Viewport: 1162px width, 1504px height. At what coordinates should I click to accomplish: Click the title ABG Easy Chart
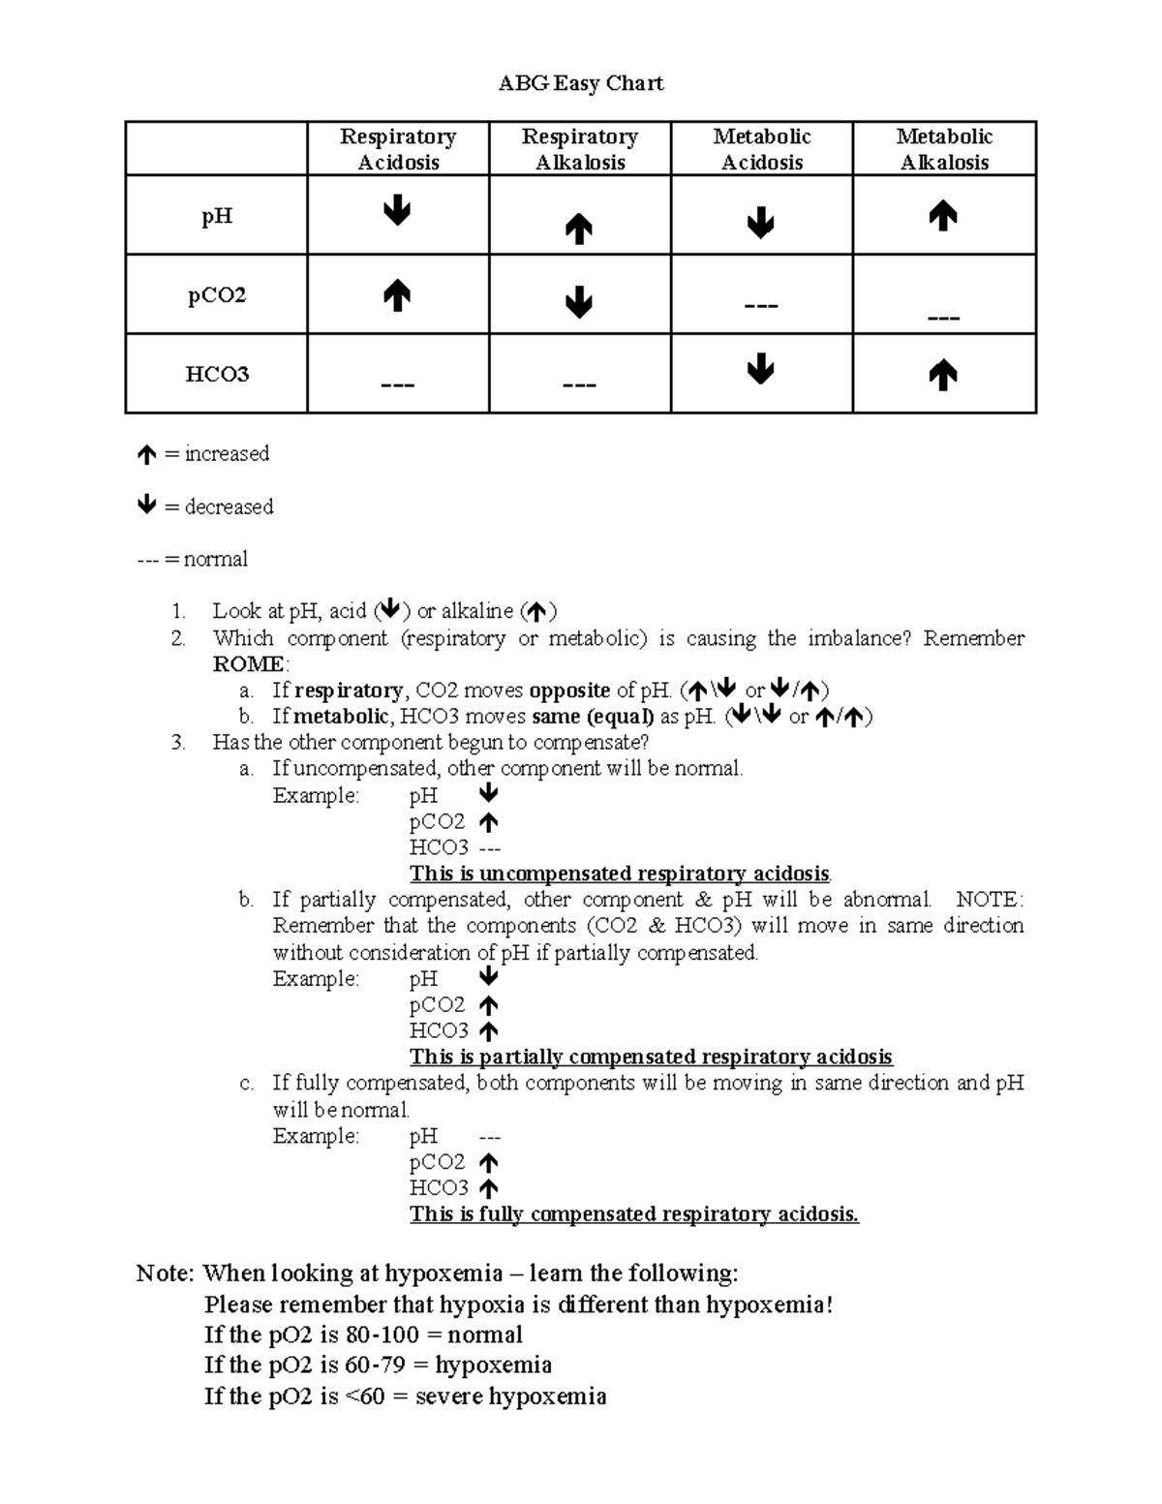click(580, 83)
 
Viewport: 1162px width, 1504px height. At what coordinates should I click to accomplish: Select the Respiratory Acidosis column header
click(398, 149)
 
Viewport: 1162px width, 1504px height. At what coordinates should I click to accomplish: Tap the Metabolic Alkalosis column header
click(944, 149)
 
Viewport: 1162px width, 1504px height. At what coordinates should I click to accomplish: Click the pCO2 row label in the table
click(217, 295)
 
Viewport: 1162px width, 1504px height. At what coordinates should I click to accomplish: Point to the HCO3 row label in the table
click(217, 375)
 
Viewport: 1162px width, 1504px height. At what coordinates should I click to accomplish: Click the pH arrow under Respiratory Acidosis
click(397, 211)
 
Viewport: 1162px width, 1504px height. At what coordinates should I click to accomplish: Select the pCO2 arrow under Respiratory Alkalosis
click(579, 303)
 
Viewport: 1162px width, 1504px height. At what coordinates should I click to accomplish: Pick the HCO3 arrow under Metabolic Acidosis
click(761, 369)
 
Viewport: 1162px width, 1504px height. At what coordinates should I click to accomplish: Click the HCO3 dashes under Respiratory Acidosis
click(397, 385)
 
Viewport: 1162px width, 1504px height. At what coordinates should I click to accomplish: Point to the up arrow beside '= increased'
click(146, 454)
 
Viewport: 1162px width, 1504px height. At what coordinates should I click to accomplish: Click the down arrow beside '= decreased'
click(146, 505)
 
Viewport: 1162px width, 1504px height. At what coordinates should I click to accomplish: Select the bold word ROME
click(249, 664)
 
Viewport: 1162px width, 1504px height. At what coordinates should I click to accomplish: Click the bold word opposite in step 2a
click(569, 691)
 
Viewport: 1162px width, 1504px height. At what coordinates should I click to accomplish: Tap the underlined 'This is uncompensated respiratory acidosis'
click(620, 874)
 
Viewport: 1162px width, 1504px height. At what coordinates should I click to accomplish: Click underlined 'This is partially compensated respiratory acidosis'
click(651, 1057)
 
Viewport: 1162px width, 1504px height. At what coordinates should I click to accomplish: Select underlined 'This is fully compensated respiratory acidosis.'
click(634, 1214)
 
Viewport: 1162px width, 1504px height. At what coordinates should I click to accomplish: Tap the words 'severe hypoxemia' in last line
click(510, 1397)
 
